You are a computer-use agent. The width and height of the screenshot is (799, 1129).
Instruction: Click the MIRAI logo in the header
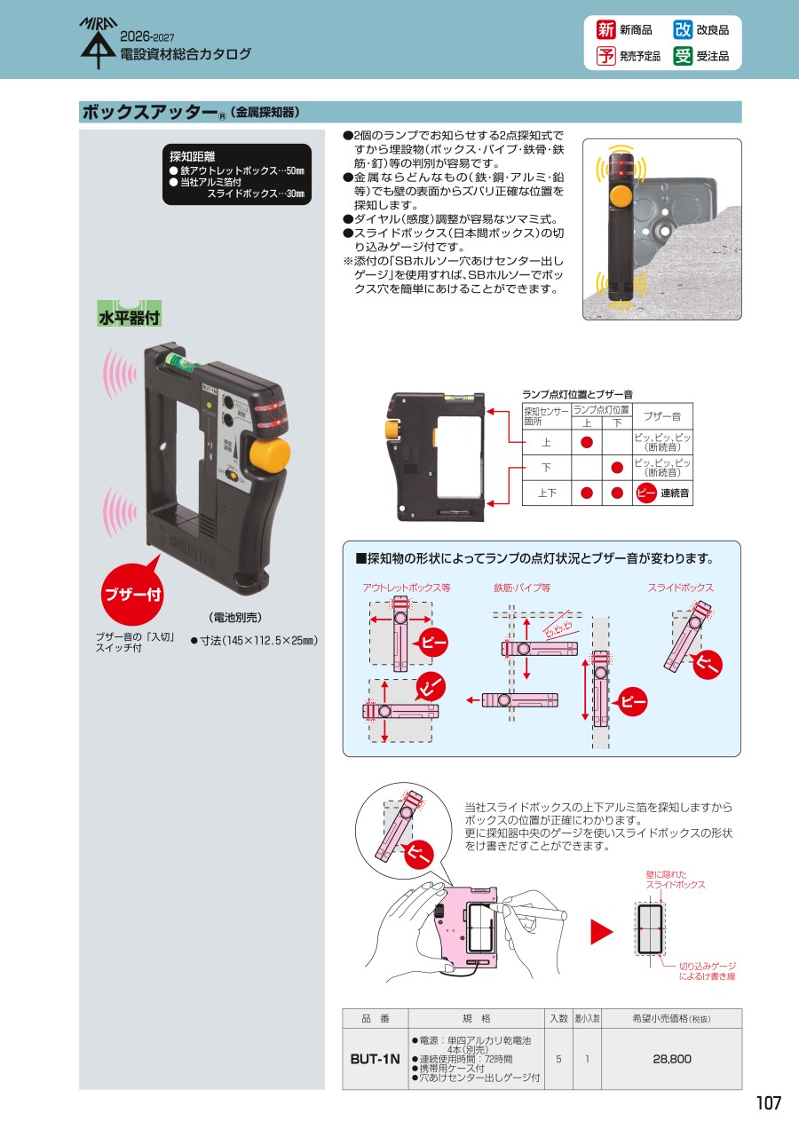(99, 43)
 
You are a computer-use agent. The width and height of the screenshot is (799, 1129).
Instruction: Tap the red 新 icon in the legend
(605, 30)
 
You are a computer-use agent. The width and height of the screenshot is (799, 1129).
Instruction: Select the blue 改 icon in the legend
(683, 30)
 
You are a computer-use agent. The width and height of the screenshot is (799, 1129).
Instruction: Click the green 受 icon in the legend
(683, 56)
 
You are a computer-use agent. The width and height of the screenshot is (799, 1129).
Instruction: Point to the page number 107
(768, 1103)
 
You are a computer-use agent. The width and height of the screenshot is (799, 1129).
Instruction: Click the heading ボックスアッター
(150, 112)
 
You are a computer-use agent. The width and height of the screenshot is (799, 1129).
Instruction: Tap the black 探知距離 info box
(236, 174)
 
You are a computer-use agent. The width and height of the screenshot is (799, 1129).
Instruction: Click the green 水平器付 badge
(129, 313)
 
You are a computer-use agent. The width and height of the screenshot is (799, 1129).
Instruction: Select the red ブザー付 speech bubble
(132, 593)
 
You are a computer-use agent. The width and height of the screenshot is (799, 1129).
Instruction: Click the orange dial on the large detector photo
(269, 455)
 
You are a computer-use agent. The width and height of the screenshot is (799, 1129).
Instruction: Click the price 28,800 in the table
(671, 1059)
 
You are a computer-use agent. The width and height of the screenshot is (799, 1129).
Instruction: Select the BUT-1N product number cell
(375, 1059)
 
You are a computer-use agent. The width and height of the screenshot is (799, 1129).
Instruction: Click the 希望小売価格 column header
(671, 1019)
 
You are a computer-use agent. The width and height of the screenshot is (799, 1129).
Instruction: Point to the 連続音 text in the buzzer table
(675, 493)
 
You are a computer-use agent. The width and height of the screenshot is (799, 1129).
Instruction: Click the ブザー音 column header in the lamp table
(662, 416)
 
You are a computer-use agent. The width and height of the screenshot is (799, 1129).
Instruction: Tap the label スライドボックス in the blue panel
(681, 588)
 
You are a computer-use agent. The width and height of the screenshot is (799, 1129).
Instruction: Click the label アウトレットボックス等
(407, 588)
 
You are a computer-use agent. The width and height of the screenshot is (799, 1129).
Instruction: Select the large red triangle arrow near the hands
(601, 932)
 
